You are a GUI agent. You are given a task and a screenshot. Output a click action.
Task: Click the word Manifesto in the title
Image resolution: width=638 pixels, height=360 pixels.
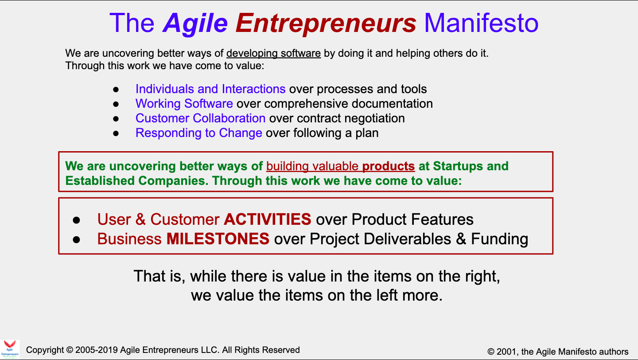point(481,23)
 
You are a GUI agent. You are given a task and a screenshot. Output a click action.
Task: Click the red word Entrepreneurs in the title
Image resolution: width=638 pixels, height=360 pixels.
point(326,23)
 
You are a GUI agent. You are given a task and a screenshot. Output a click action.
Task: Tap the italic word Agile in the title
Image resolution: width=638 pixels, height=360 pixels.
point(195,24)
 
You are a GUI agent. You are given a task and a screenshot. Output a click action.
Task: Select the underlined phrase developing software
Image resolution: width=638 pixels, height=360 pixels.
point(273,53)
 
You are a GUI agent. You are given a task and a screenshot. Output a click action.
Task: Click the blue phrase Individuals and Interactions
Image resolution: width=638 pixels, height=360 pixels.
point(210,89)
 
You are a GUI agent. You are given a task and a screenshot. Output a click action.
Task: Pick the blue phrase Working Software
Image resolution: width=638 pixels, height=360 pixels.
point(184,104)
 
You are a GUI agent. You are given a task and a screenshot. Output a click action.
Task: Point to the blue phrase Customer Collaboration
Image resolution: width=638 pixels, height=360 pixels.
point(201,118)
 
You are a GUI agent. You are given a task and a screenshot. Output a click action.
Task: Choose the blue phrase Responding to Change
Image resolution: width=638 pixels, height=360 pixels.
point(199,133)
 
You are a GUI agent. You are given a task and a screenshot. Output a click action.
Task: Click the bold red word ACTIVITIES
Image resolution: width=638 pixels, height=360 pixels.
point(268,219)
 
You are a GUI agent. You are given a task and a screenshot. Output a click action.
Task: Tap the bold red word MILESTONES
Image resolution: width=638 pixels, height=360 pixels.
point(218,239)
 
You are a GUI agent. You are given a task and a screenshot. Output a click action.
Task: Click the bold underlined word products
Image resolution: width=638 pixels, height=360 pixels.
point(389,166)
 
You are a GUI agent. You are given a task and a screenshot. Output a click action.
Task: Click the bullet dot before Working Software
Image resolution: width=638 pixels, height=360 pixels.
point(116,104)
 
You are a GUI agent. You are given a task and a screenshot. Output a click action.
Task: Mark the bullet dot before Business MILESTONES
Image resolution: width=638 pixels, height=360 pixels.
point(76,239)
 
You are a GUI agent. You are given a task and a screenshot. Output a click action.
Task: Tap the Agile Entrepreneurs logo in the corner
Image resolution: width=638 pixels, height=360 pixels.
point(10,349)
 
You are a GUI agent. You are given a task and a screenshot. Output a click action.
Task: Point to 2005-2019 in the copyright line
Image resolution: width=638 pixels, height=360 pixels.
point(96,350)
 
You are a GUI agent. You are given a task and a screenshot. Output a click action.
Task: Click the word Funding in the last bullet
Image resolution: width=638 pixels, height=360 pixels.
point(499,239)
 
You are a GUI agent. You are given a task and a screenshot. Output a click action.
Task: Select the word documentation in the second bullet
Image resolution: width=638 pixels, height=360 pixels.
point(392,104)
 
